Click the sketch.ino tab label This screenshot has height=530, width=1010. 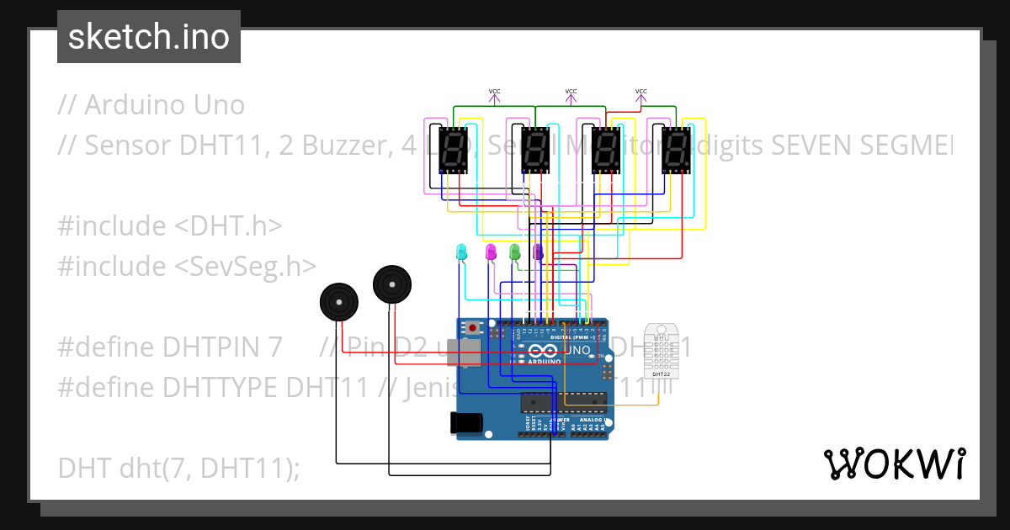tap(148, 37)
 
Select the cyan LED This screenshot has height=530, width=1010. tap(460, 252)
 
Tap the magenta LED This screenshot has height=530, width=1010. tap(491, 252)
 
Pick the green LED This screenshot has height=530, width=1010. tap(514, 252)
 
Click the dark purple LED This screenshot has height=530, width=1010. tap(539, 252)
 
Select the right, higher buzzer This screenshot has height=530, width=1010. tap(392, 284)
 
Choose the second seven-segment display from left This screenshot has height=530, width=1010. tap(536, 150)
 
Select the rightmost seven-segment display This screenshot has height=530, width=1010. tap(677, 150)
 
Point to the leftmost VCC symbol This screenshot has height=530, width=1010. tap(495, 95)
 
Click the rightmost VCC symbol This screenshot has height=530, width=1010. tap(641, 95)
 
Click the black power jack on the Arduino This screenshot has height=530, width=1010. tap(468, 422)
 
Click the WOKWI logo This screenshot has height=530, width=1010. tap(894, 464)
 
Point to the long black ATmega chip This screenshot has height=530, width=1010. tap(563, 404)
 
